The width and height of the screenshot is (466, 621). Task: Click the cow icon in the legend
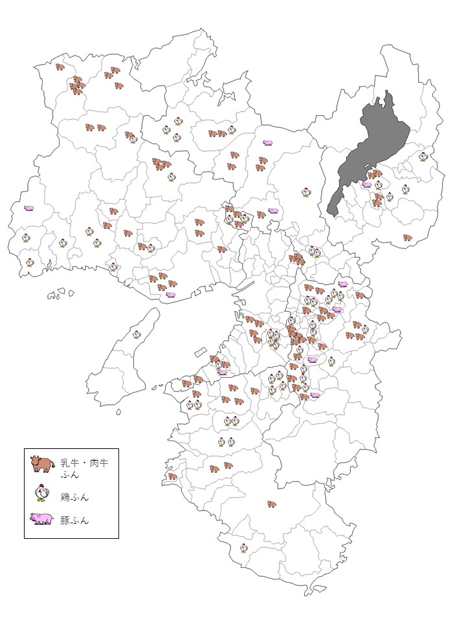click(42, 464)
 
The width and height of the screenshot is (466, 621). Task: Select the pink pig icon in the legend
click(42, 519)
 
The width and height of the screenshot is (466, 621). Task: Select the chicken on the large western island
click(137, 334)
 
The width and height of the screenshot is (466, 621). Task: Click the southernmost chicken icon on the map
click(243, 548)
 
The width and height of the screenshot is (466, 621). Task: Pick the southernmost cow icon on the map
click(271, 503)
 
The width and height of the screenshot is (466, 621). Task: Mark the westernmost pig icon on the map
click(29, 208)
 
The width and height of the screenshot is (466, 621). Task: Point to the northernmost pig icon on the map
click(267, 142)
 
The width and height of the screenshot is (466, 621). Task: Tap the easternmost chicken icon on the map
click(423, 156)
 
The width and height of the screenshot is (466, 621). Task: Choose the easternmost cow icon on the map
click(407, 237)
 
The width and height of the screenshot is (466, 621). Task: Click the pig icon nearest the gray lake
click(367, 184)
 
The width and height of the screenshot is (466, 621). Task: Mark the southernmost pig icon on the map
click(315, 395)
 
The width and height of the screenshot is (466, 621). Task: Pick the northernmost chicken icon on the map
click(177, 122)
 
